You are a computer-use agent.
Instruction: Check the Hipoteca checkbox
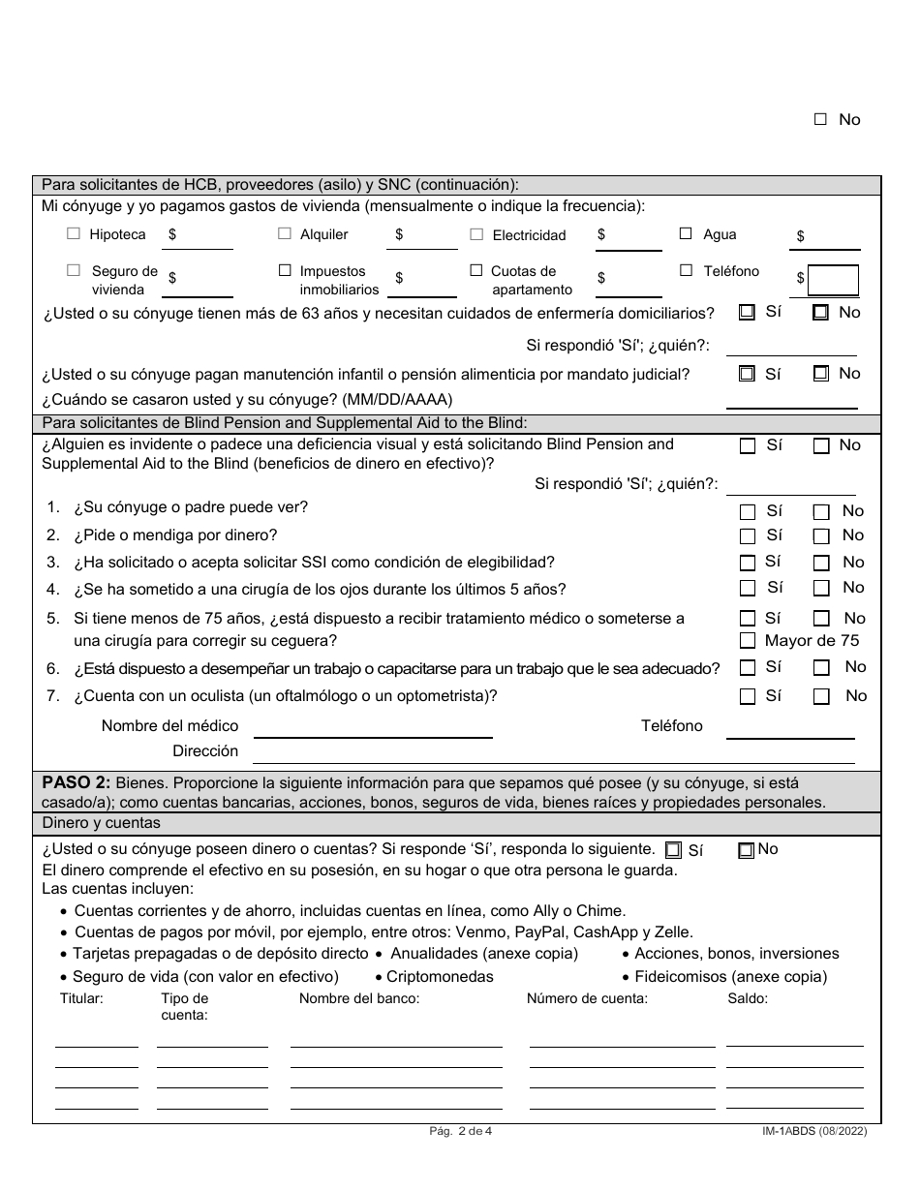pos(74,233)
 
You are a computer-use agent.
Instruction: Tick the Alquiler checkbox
pos(285,233)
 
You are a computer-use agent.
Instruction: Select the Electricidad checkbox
pos(476,234)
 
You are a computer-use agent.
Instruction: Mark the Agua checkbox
pos(686,233)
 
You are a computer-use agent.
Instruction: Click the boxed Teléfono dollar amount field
pos(833,280)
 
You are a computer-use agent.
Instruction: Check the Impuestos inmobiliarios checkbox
pos(285,271)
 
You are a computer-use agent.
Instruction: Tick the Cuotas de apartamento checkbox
pos(476,271)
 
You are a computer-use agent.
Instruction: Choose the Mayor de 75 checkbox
pos(747,640)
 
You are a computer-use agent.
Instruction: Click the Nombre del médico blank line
pos(373,728)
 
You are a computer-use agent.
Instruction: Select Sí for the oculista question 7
pos(747,696)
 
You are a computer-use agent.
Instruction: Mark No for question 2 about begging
pos(820,536)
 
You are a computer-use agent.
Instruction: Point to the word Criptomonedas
pos(440,977)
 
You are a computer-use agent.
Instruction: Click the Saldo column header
pos(747,998)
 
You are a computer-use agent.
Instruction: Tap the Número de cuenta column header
pos(587,998)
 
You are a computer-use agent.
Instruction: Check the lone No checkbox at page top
pos(820,120)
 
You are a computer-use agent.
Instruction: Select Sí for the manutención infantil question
pos(747,374)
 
